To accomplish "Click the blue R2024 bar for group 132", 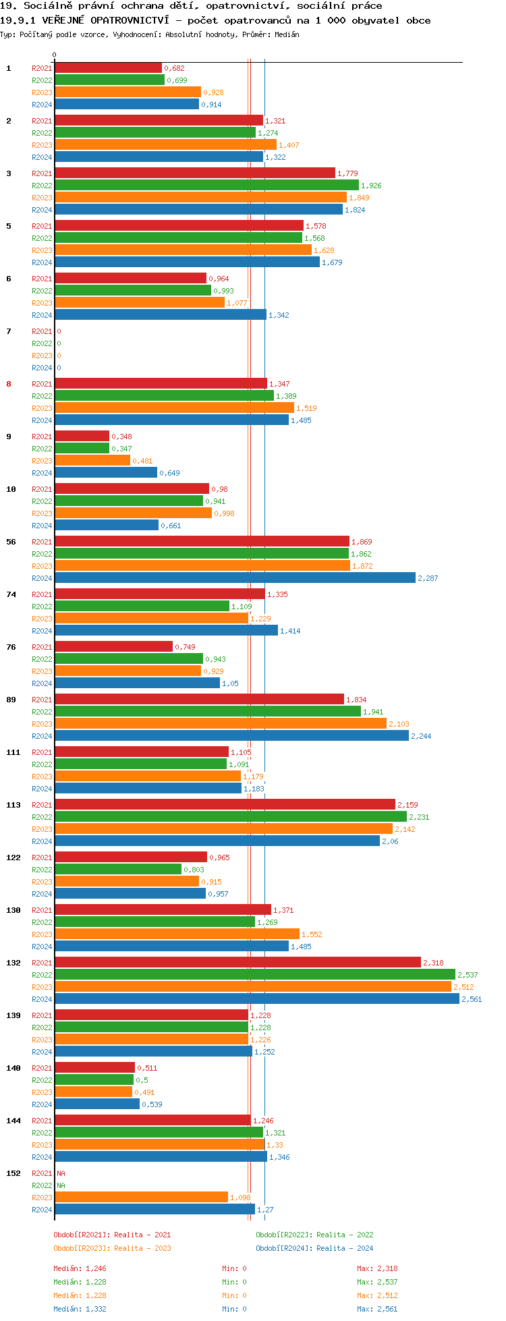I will pyautogui.click(x=256, y=999).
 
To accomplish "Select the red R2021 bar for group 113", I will pyautogui.click(x=225, y=804).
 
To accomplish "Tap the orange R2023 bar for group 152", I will pyautogui.click(x=141, y=1197).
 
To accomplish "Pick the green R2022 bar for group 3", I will pyautogui.click(x=206, y=185).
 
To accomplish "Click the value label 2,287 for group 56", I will pyautogui.click(x=428, y=578).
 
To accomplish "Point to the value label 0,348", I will pyautogui.click(x=121, y=437).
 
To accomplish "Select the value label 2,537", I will pyautogui.click(x=468, y=975).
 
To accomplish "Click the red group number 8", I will pyautogui.click(x=9, y=384).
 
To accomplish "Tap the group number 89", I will pyautogui.click(x=11, y=700).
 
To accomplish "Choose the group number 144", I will pyautogui.click(x=13, y=1121).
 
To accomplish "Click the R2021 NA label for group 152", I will pyautogui.click(x=61, y=1173).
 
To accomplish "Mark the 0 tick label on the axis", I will pyautogui.click(x=54, y=55).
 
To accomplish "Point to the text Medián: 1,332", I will pyautogui.click(x=80, y=1309).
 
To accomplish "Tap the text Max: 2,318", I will pyautogui.click(x=377, y=1268).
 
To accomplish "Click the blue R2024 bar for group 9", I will pyautogui.click(x=106, y=472).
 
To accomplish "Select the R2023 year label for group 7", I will pyautogui.click(x=42, y=356).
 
